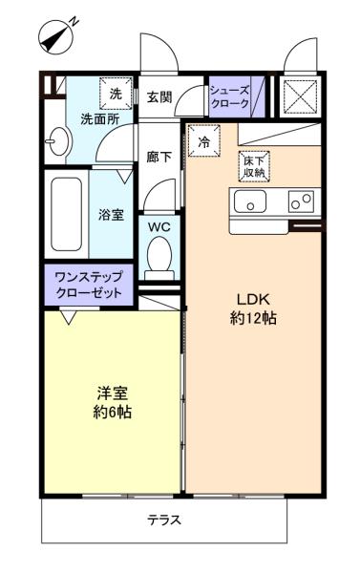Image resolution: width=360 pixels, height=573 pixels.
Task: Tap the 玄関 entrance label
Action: (x=159, y=96)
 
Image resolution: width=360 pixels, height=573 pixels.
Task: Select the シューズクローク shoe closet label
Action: (x=229, y=96)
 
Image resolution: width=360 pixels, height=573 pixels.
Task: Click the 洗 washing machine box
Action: (x=116, y=94)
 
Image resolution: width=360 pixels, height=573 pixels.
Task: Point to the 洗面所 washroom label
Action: (x=98, y=120)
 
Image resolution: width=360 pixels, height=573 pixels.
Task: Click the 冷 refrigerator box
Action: (x=203, y=140)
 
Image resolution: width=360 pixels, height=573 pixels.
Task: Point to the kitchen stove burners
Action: (x=301, y=202)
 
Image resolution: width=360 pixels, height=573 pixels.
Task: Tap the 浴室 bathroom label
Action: (x=112, y=214)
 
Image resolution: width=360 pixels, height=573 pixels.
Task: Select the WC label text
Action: (x=159, y=227)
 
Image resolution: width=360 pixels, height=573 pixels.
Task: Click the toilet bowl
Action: (x=159, y=255)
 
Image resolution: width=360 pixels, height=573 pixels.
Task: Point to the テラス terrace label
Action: (x=163, y=520)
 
